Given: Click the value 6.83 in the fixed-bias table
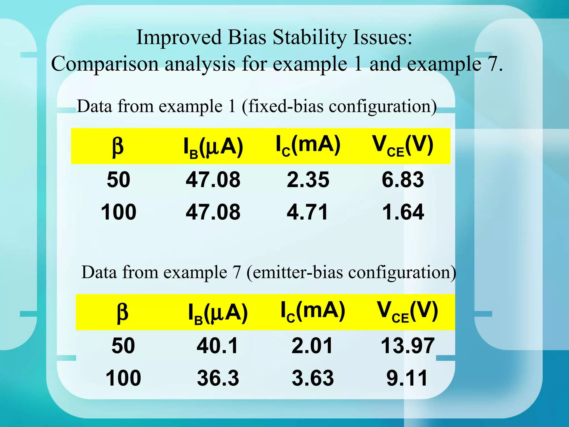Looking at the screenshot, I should point(403,180).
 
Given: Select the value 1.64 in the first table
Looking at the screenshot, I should point(403,212).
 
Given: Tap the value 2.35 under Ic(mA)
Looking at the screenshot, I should point(308,180).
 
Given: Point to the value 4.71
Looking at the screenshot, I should point(307,212).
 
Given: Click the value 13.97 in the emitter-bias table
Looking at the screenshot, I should point(408,346).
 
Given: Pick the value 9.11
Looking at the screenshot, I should point(407,378).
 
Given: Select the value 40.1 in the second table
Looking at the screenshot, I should point(217,346).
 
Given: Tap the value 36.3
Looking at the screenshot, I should point(218,378).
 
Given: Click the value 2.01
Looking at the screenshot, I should point(312,346).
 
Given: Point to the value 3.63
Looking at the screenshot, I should point(313,378).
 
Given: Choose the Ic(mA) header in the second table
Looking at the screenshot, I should point(313,312).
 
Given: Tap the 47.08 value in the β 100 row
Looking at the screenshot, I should point(213,212).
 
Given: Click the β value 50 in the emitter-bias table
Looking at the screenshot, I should point(123,346).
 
